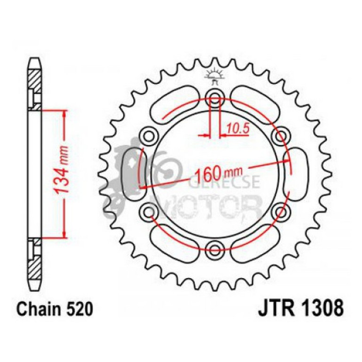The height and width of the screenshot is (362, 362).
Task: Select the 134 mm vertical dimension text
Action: (x=63, y=173)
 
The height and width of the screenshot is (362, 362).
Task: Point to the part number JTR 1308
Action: (x=300, y=310)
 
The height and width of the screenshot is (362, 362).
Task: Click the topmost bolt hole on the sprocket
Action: (x=216, y=99)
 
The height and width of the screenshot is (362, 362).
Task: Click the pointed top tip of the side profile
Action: (x=35, y=59)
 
